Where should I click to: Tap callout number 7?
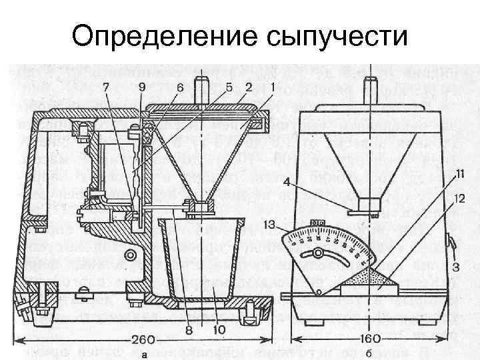point(105,87)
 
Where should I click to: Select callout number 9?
point(141,87)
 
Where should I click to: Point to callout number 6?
point(179,87)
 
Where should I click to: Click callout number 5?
point(229,87)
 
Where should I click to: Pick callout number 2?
point(248,87)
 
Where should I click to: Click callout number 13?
point(269,225)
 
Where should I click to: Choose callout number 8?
point(189,329)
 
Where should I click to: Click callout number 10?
point(219,329)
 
